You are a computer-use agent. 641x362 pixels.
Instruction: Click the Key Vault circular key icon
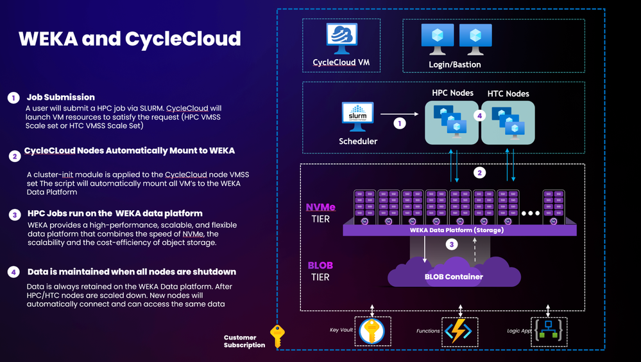point(372,330)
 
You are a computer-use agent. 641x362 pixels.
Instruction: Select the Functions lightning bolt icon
point(458,330)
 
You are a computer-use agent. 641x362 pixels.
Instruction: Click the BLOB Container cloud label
point(454,277)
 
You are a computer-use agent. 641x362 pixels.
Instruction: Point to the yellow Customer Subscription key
point(277,336)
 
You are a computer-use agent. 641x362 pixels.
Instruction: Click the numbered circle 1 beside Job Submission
point(13,98)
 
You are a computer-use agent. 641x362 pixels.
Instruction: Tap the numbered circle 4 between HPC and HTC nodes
point(478,116)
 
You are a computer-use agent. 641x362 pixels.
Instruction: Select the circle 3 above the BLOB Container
point(452,244)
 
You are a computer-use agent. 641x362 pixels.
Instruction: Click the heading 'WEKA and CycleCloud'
point(130,39)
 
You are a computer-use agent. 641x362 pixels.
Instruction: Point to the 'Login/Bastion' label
point(454,64)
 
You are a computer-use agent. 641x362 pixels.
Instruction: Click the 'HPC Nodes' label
point(452,93)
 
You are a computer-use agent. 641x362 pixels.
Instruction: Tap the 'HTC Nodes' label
point(508,93)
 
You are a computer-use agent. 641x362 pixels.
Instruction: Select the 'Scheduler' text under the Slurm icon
point(358,141)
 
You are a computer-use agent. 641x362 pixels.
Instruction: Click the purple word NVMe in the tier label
point(321,208)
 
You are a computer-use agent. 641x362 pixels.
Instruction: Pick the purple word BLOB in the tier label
point(320,265)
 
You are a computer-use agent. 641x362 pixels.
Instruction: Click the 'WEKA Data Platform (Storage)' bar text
point(456,230)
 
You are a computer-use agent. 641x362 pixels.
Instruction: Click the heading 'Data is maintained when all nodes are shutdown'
point(132,272)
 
